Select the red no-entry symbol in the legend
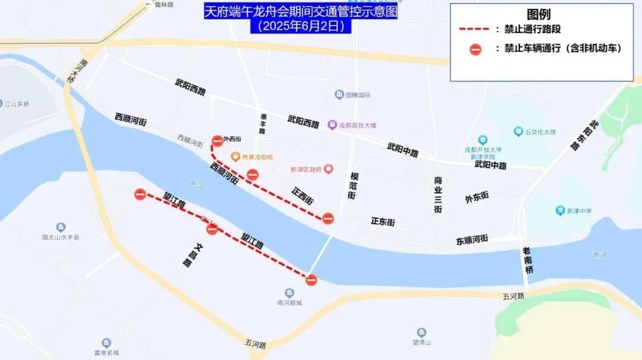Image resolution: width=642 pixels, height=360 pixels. coord(475,49)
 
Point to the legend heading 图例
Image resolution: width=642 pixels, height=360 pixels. coord(539,14)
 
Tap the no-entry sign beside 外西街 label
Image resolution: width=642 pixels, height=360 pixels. coord(217,141)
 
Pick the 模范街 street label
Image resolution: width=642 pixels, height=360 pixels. coord(354,186)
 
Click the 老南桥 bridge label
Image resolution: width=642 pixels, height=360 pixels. coord(527,260)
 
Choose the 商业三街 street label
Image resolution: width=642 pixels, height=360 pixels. coord(438,195)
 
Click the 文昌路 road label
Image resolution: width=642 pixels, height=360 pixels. coord(185,254)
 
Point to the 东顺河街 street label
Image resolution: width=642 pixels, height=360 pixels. coord(472,239)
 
